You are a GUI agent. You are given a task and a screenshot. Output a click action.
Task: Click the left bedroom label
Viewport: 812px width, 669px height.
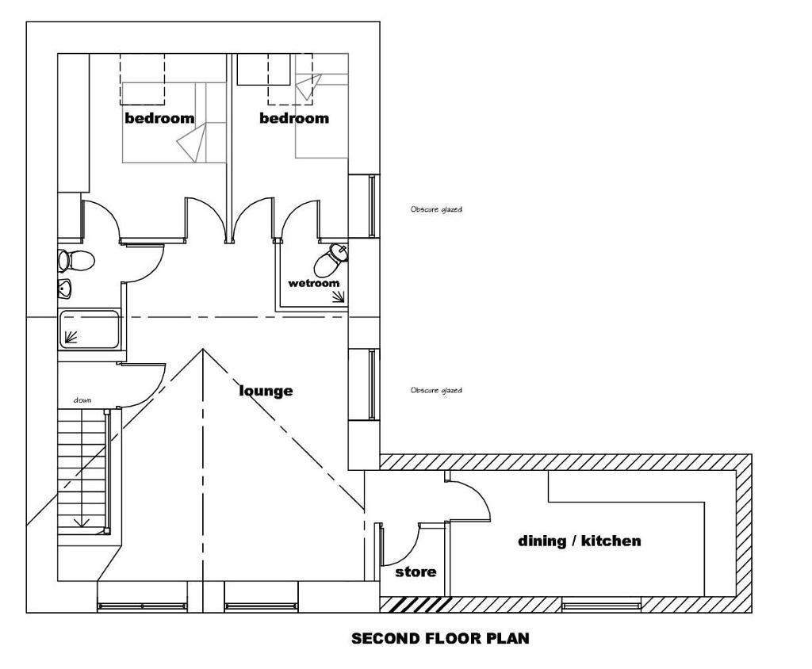tap(159, 118)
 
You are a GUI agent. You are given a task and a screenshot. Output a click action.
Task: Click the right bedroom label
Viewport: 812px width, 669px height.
tap(294, 118)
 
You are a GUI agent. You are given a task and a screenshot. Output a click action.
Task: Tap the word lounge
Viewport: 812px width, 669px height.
tap(266, 391)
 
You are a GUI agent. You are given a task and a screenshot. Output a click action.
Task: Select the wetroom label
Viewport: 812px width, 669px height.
tap(314, 283)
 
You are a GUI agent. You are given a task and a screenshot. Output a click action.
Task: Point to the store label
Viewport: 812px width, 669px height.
tap(416, 572)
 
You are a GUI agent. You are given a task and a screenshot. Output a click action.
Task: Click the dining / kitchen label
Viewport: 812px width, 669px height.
tap(580, 541)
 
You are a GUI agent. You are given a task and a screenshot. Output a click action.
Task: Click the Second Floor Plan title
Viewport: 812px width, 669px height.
tap(440, 638)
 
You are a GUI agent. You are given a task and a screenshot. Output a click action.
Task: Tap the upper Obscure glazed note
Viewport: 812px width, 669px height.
tap(436, 210)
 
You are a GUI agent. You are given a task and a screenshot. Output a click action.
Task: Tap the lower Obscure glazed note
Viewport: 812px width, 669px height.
tap(436, 391)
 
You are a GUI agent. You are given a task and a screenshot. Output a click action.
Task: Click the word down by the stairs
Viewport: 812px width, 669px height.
tap(82, 400)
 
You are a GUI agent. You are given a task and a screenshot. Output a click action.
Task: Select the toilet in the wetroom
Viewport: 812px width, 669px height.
tap(330, 261)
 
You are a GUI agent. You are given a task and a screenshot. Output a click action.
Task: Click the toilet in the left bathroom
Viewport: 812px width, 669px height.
tap(75, 261)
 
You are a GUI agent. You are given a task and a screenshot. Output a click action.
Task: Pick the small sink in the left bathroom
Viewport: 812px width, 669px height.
tap(64, 289)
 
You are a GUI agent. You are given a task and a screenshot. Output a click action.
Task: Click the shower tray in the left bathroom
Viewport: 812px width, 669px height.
tap(89, 329)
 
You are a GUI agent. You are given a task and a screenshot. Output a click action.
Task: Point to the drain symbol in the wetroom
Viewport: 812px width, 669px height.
tap(339, 296)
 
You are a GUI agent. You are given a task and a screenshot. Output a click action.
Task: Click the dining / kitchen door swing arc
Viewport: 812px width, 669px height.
tap(477, 495)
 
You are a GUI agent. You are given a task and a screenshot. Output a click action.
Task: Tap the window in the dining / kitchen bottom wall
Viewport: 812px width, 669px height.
tap(601, 604)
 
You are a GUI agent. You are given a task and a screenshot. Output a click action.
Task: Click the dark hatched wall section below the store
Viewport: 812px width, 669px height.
tap(416, 604)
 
